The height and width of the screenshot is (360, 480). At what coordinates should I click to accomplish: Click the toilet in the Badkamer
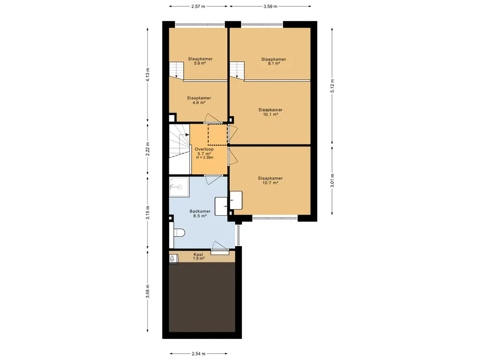179,233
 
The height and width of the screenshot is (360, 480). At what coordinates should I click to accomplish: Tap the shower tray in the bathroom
179,187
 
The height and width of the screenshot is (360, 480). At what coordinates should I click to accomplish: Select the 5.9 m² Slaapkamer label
200,61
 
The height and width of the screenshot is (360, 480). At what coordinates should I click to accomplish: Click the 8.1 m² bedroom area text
274,61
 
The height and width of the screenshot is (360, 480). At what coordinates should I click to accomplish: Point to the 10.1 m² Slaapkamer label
270,112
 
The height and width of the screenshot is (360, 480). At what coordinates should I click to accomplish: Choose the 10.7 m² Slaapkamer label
270,180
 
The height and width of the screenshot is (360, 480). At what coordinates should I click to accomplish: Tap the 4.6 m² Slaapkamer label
199,100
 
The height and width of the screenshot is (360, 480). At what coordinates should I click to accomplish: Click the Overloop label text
204,149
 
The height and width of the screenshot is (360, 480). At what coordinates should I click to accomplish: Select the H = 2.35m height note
205,157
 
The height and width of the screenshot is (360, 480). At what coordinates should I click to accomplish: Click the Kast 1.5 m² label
198,256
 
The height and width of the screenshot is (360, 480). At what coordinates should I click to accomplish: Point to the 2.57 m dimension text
198,6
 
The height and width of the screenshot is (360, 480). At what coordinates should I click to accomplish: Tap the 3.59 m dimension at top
270,6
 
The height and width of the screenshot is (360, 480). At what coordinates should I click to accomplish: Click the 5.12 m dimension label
332,85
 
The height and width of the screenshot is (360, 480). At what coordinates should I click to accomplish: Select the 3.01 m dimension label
332,180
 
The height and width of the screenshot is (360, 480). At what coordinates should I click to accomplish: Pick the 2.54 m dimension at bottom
198,353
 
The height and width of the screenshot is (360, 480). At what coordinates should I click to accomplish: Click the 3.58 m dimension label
148,291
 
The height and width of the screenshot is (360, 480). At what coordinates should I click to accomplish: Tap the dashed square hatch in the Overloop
217,135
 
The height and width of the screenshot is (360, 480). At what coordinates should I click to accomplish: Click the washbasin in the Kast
172,259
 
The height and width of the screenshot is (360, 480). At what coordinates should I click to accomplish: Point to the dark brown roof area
202,297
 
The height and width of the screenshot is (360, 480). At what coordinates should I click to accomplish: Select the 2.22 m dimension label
148,149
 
